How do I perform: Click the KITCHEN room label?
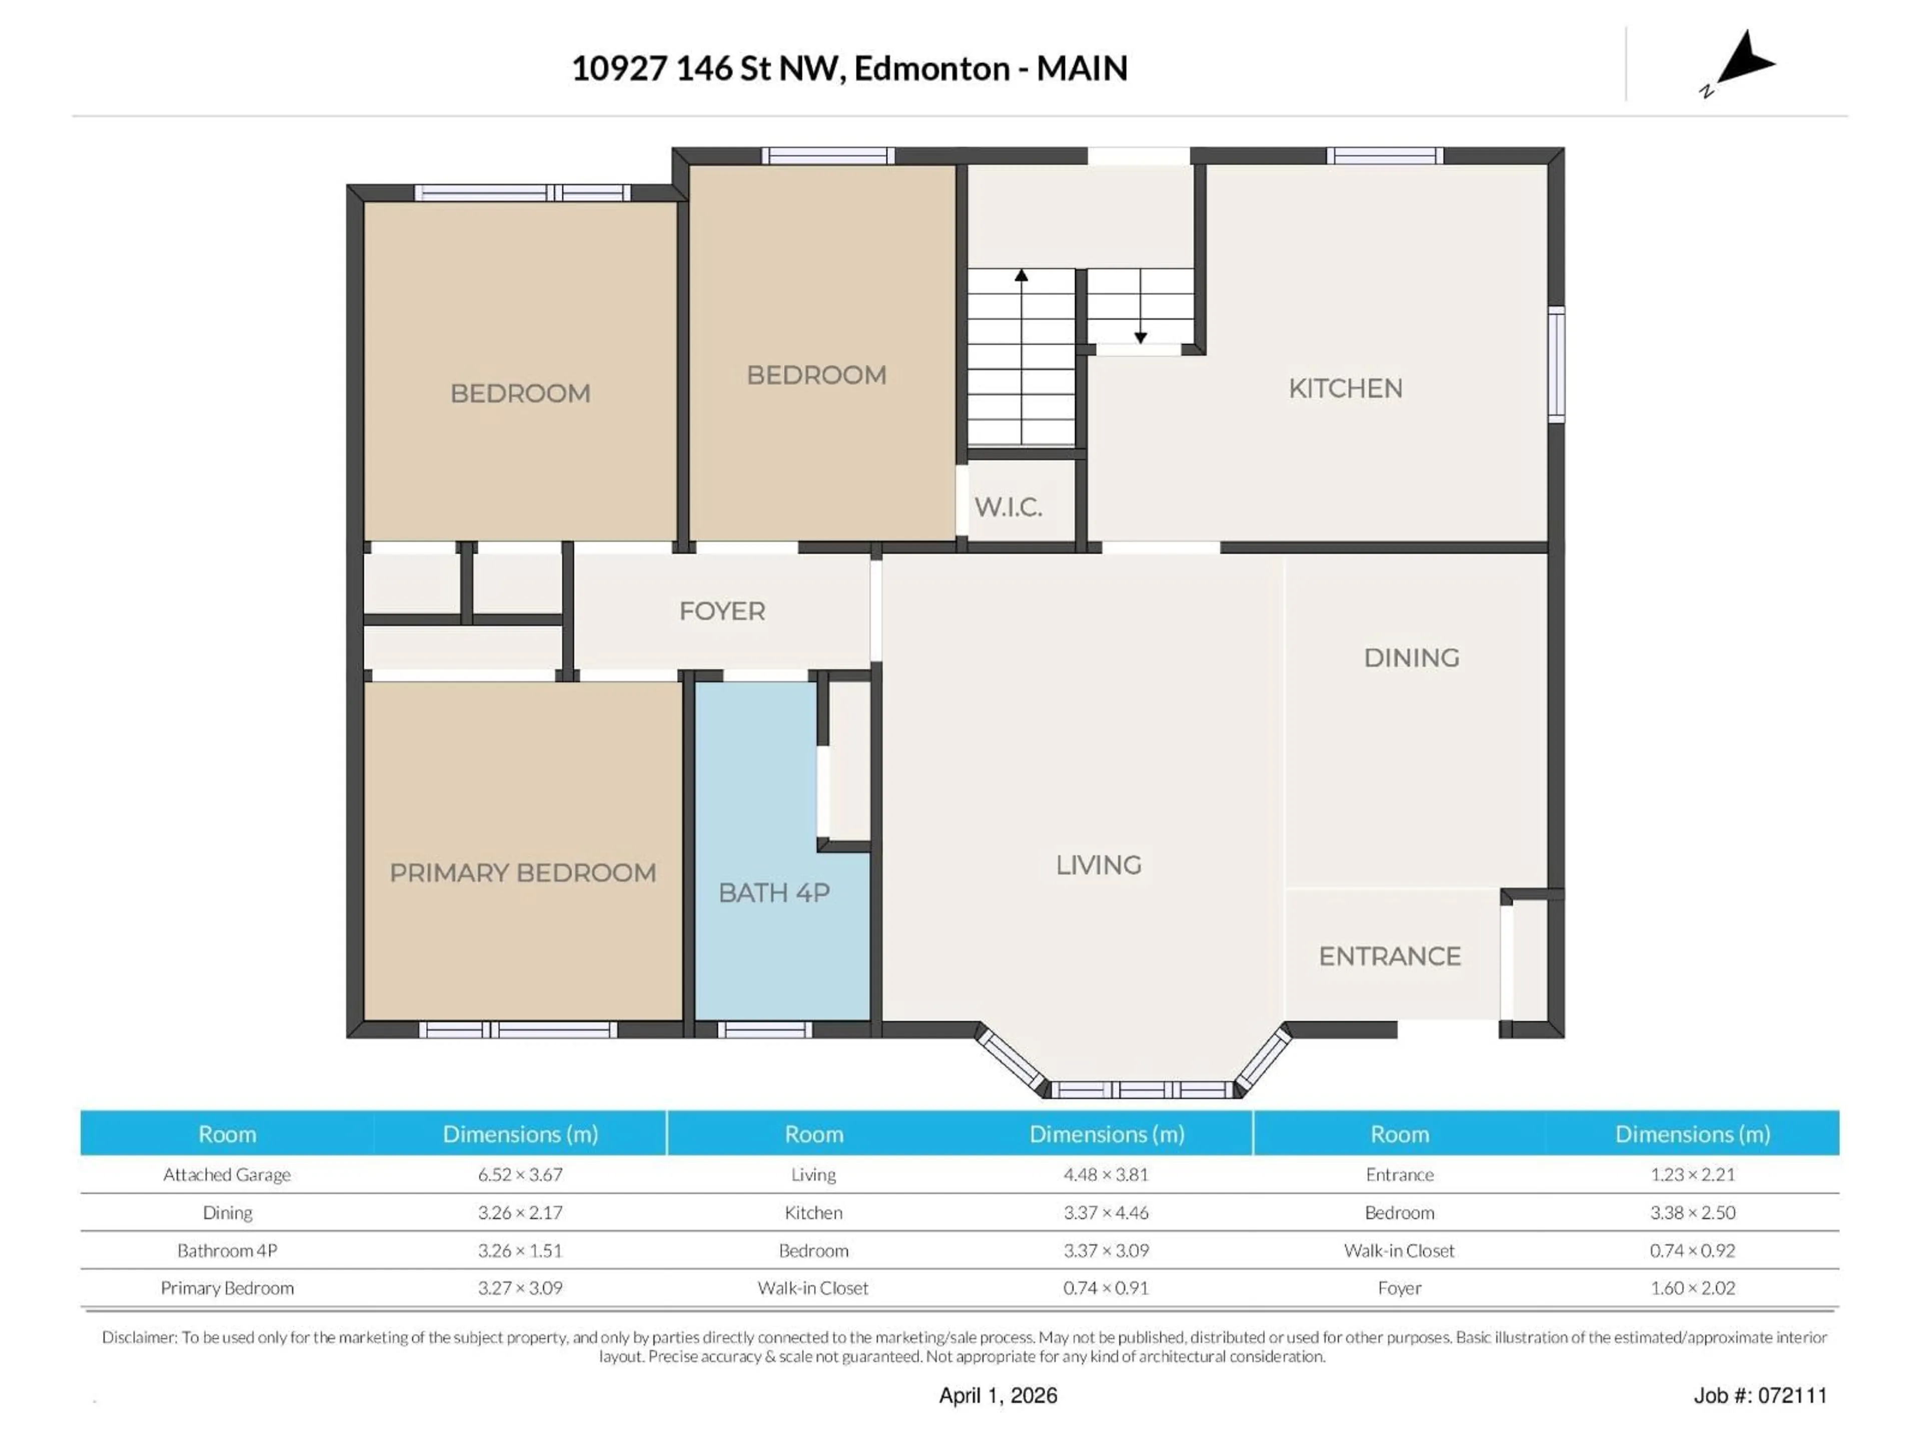[x=1345, y=388]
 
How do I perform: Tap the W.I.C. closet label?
[x=1008, y=507]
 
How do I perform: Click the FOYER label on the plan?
[x=722, y=611]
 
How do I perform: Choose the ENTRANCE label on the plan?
[x=1390, y=956]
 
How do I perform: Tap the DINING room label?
[x=1411, y=657]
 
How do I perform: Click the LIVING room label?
[x=1099, y=865]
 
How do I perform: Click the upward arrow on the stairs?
[x=1022, y=276]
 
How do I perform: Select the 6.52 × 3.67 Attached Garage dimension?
[x=520, y=1174]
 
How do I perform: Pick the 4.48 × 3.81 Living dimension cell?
[x=1106, y=1174]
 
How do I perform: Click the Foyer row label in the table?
[x=1399, y=1288]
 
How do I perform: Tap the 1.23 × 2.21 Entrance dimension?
[x=1692, y=1174]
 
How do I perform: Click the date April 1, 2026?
[x=998, y=1396]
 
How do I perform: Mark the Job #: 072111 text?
[x=1759, y=1396]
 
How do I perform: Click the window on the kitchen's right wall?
[x=1557, y=365]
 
